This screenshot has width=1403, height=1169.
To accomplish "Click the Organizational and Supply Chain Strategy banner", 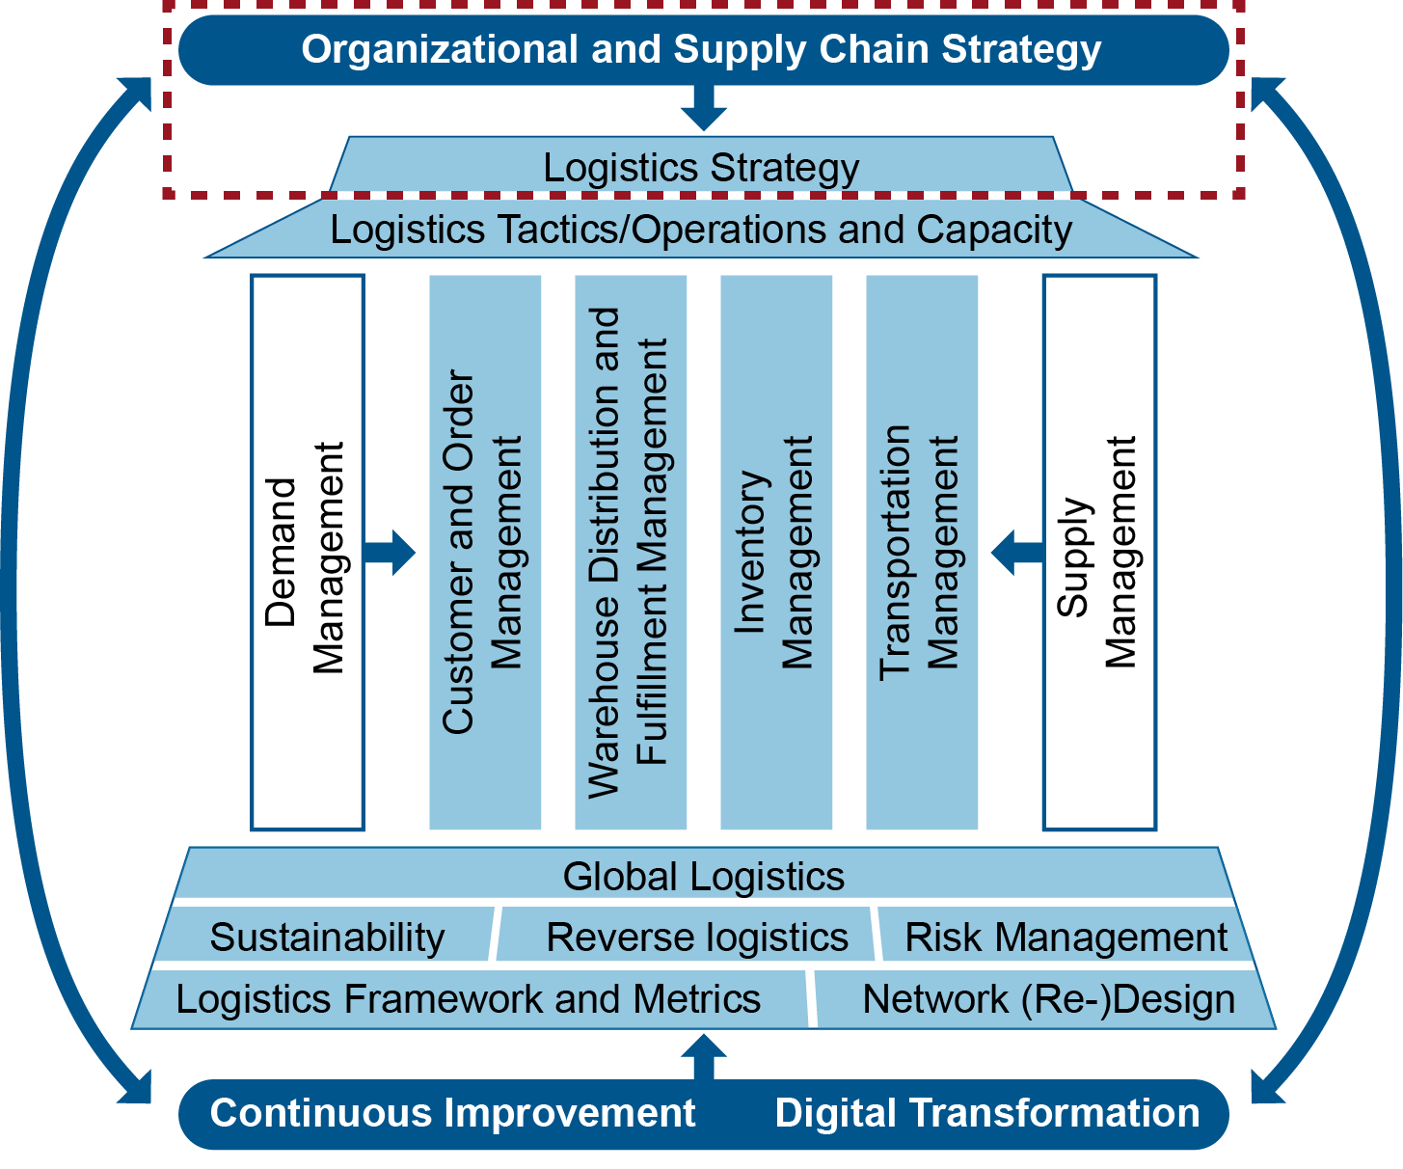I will pos(702,50).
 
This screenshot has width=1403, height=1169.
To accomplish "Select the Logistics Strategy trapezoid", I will pos(702,167).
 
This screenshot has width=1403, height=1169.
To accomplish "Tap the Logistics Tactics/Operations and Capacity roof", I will pos(702,230).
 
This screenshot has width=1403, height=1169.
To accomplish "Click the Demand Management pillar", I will pos(307,552).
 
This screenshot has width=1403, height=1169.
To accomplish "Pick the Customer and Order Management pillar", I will pos(484,552).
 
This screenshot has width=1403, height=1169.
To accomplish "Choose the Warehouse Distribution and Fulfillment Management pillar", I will pos(631,552).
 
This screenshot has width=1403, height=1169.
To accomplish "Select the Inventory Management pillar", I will pos(776,552).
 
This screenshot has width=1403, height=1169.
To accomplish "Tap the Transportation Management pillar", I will pos(922,552).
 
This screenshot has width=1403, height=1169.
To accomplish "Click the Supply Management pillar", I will pos(1099,552).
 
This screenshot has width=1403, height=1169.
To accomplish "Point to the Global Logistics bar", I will pos(704,876).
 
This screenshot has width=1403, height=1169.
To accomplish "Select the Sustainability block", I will pos(326,937).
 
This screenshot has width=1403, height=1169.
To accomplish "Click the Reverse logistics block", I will pos(696,937).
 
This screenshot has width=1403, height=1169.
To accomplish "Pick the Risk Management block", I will pos(1066,937).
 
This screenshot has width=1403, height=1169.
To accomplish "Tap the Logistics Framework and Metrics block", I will pos(469,999).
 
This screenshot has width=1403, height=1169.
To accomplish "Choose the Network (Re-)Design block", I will pos(1048,999).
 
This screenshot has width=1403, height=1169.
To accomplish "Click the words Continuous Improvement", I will pos(452,1113).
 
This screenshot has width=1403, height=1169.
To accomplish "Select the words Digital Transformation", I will pos(987,1113).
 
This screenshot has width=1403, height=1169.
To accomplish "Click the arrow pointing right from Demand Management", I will pos(391,553).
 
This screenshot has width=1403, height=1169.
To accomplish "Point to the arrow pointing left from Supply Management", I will pos(1015,553).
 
